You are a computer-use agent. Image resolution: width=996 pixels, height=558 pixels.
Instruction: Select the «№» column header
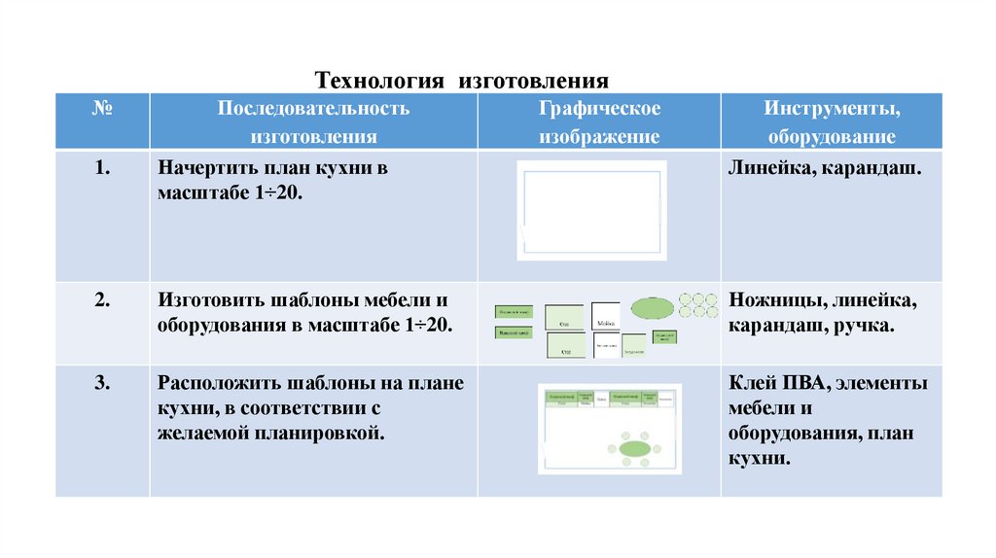pyautogui.click(x=102, y=108)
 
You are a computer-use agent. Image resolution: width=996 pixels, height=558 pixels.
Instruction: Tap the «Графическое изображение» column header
pyautogui.click(x=599, y=122)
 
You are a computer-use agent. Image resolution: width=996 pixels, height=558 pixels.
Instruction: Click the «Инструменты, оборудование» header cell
pyautogui.click(x=831, y=122)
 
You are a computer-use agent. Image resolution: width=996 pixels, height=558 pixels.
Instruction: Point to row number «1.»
pyautogui.click(x=102, y=168)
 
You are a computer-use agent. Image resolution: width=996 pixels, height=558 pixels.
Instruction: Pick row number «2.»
pyautogui.click(x=102, y=298)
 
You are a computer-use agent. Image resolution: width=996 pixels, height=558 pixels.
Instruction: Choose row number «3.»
pyautogui.click(x=102, y=382)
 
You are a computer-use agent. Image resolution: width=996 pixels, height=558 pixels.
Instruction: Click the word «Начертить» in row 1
pyautogui.click(x=203, y=168)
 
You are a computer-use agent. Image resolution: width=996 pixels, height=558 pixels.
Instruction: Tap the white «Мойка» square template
pyautogui.click(x=606, y=316)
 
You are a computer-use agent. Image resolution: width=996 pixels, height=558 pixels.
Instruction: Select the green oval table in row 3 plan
pyautogui.click(x=634, y=448)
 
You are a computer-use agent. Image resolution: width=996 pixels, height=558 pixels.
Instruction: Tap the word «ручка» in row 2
pyautogui.click(x=864, y=325)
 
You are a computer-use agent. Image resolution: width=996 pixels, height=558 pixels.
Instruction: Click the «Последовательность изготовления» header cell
pyautogui.click(x=313, y=122)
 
